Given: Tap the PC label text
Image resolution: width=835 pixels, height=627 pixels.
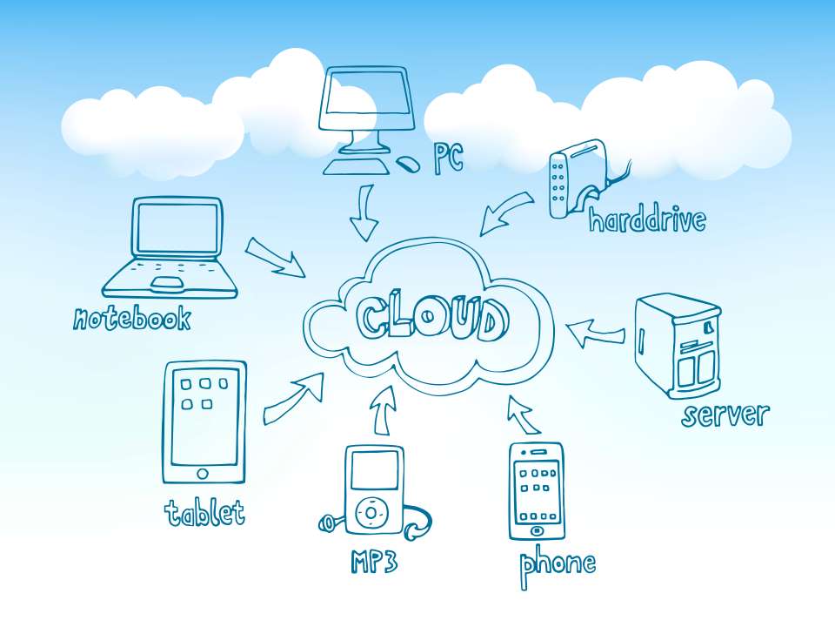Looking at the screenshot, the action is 449,158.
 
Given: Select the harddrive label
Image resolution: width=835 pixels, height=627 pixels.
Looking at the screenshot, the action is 647,219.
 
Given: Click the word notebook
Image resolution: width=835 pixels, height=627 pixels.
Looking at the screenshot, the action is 132,318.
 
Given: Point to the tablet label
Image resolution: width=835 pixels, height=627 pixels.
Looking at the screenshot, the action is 204,512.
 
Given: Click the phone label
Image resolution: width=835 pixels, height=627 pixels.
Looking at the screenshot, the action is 558,567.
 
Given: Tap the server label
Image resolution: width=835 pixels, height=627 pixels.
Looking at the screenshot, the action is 725,415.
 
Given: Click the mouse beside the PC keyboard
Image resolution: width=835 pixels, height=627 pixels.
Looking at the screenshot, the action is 409,163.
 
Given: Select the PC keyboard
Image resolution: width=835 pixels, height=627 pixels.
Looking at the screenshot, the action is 357,166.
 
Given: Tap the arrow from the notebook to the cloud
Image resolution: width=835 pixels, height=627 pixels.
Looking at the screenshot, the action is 275,257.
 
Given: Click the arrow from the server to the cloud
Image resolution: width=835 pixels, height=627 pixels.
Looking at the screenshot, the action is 595,334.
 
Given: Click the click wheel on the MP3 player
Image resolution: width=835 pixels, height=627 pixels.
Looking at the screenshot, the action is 372,512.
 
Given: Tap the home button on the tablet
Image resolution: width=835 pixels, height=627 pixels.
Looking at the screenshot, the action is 203,474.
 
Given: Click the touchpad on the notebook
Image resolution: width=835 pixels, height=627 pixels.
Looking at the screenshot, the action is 168,285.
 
